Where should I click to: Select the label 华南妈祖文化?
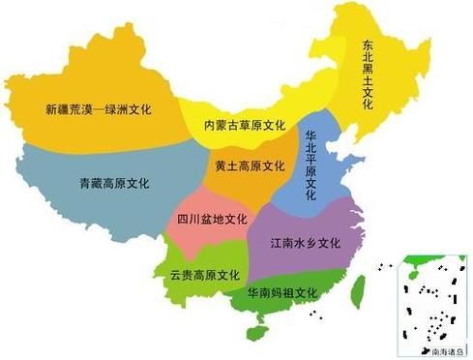click(282, 292)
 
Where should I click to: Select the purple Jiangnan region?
click(319, 218)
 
